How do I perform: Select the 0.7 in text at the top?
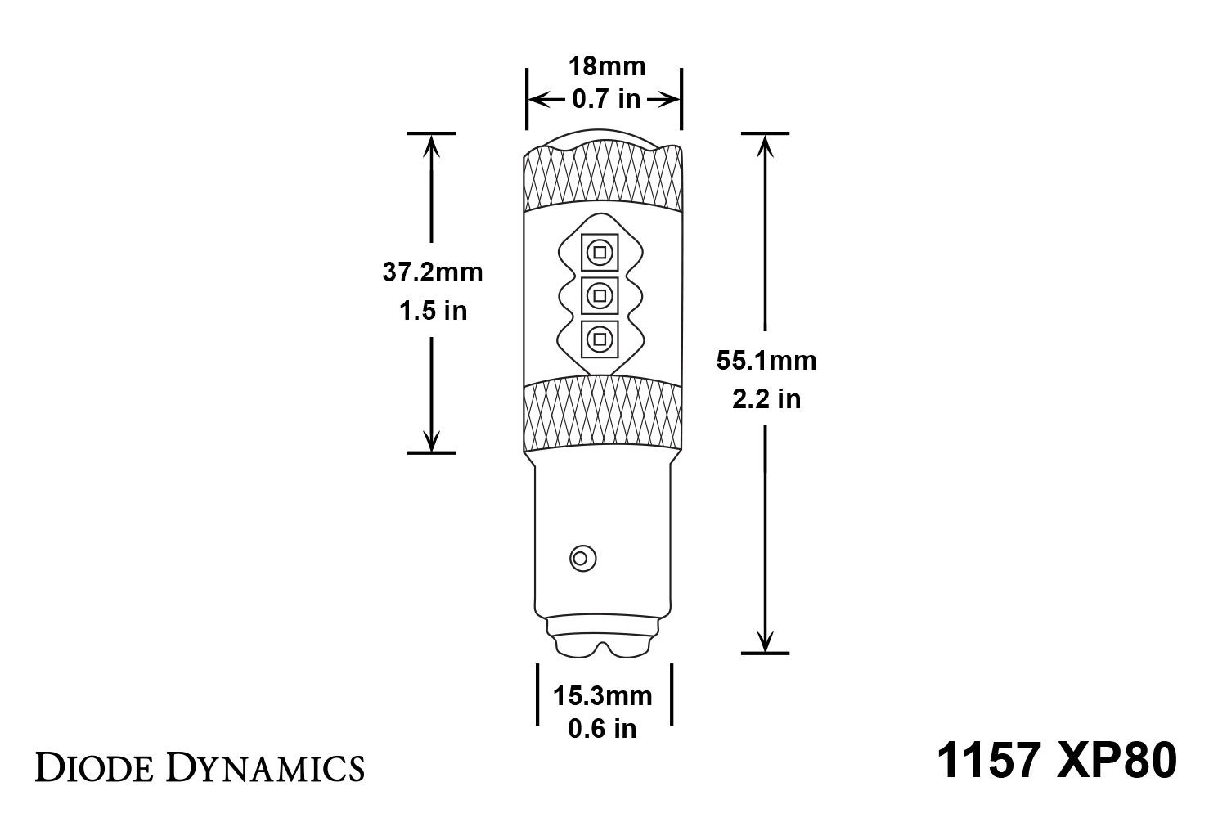[x=606, y=99]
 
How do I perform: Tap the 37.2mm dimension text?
[x=433, y=272]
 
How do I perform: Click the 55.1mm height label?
[x=766, y=361]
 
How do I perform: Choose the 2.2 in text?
[x=766, y=399]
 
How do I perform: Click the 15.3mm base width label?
[x=603, y=696]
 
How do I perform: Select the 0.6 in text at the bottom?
[x=603, y=727]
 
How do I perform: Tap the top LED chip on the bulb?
[x=600, y=252]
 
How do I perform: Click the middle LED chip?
[x=600, y=294]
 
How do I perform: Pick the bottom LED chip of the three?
[x=600, y=338]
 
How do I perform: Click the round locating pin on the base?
[x=582, y=558]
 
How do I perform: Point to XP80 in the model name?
[x=1121, y=760]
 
